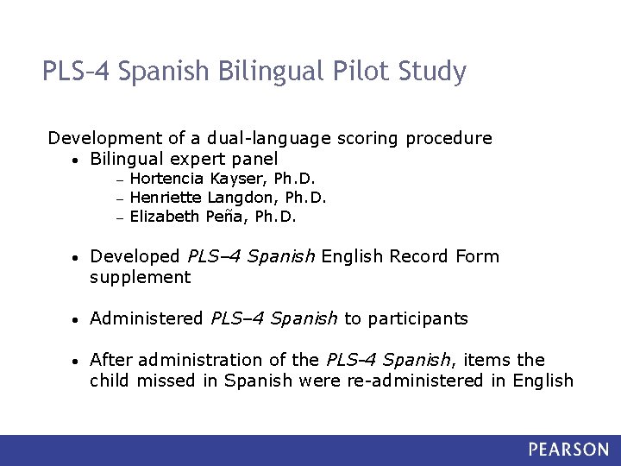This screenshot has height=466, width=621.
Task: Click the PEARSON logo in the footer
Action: pos(568,450)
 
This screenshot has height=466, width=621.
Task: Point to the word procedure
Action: pos(448,138)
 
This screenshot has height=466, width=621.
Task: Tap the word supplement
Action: pos(140,277)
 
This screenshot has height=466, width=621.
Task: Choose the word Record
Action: pos(418,256)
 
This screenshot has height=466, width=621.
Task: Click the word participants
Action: pos(417,318)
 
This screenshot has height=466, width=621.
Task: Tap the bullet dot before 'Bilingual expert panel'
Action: pos(77,160)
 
